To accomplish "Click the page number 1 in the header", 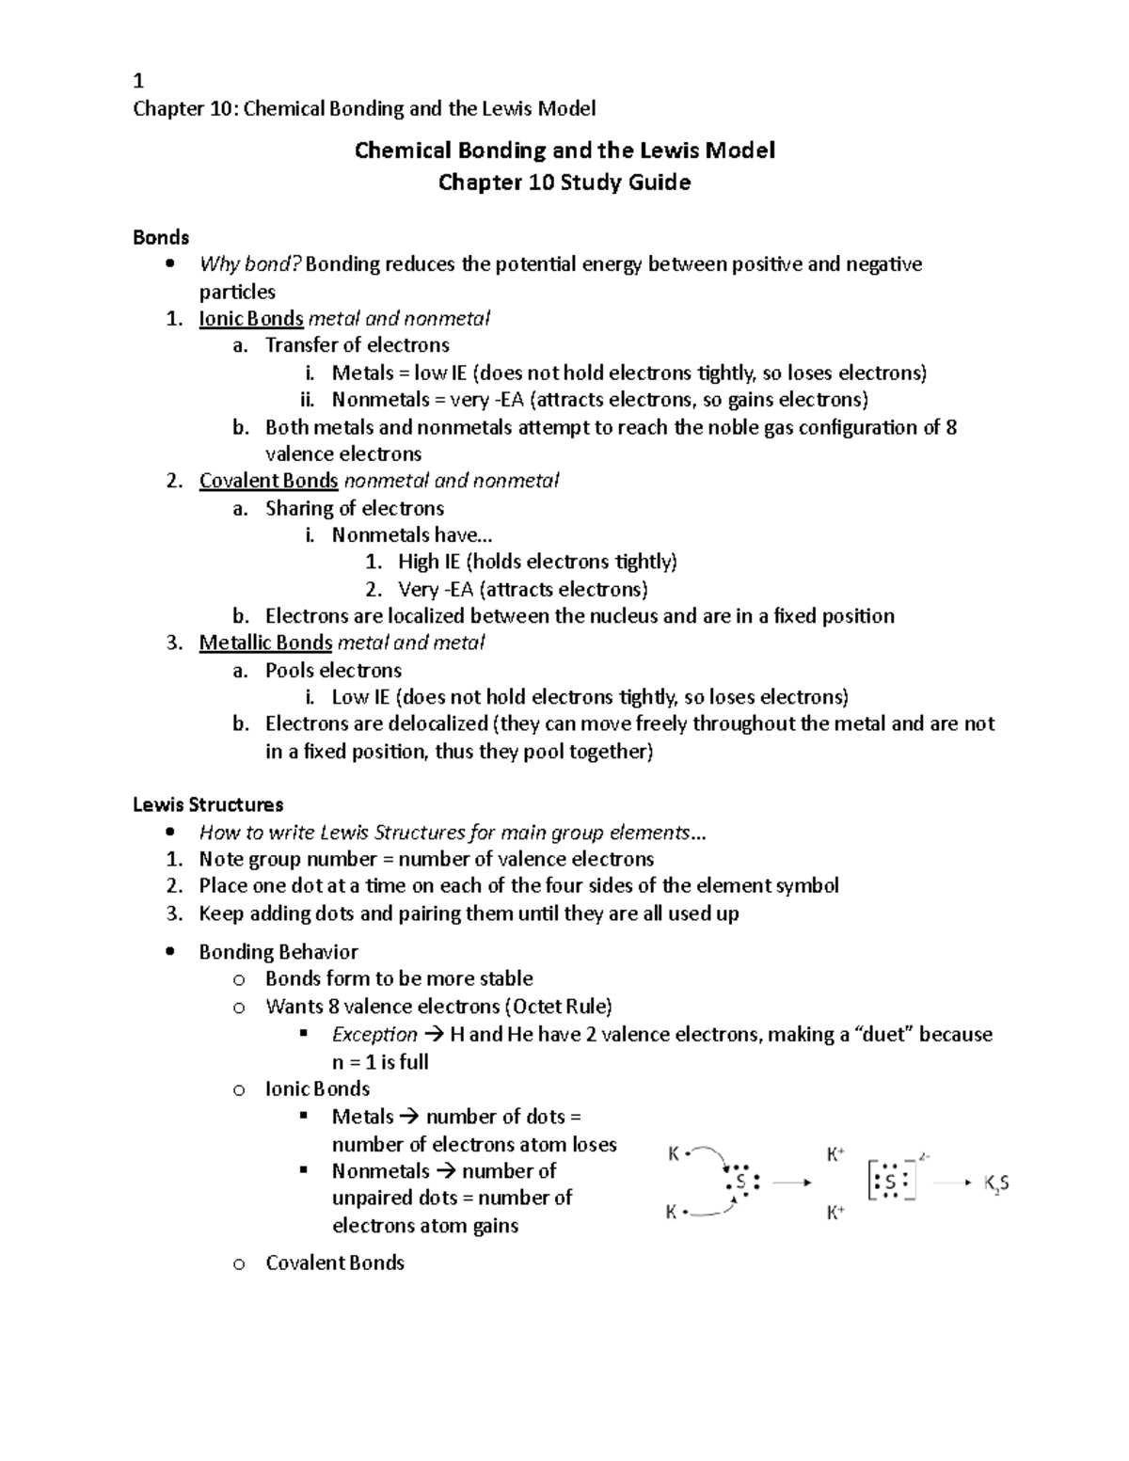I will tap(138, 81).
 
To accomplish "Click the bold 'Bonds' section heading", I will tap(161, 237).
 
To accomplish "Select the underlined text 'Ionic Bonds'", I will tap(250, 318).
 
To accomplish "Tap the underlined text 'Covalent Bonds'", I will tap(268, 481).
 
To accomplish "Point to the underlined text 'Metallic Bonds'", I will tap(265, 643).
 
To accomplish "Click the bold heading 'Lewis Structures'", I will tap(208, 804).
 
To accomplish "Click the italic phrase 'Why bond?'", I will tap(249, 264).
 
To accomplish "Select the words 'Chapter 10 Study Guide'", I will tap(564, 183).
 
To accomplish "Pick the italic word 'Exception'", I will tap(374, 1034).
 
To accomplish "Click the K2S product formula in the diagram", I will tap(996, 1183).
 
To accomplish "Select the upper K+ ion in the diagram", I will tap(835, 1153).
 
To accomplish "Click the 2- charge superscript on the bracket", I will tap(925, 1156).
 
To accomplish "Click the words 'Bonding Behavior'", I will tap(278, 951).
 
